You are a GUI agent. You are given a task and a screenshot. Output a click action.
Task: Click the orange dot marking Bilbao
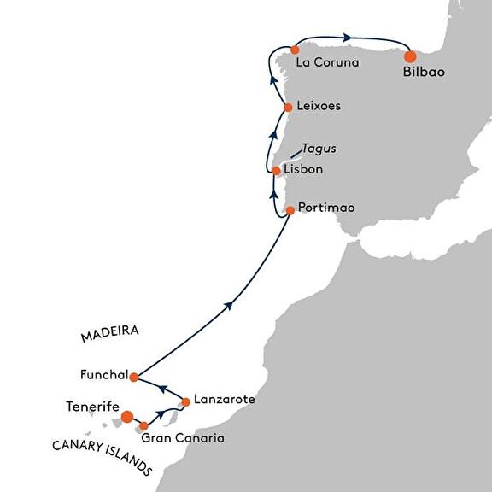[410, 56]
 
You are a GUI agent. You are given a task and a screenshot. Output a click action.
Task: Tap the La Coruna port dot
[295, 50]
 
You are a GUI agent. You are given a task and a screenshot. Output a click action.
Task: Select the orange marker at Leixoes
[288, 108]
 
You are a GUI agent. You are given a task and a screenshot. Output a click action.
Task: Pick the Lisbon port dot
[276, 171]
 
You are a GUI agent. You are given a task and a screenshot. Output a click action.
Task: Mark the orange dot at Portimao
[290, 210]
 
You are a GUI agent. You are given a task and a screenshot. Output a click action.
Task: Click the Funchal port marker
[134, 378]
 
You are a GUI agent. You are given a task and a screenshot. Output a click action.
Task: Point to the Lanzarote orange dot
[185, 402]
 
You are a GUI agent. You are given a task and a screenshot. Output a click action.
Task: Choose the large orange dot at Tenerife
[127, 417]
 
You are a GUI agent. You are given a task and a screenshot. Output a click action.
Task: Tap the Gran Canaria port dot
[143, 426]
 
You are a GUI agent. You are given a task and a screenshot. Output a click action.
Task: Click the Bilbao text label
[424, 72]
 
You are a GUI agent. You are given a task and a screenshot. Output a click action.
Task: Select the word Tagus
[319, 149]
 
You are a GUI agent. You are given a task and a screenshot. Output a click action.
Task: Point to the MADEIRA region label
[110, 333]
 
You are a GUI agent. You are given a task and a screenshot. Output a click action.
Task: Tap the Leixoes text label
[319, 106]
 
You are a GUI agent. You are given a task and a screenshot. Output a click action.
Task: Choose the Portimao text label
[326, 208]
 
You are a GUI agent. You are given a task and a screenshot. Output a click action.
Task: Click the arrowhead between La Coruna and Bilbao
[347, 38]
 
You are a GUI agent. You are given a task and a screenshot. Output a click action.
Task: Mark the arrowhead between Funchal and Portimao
[230, 305]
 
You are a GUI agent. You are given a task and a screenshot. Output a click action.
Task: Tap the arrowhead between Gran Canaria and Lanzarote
[161, 414]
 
